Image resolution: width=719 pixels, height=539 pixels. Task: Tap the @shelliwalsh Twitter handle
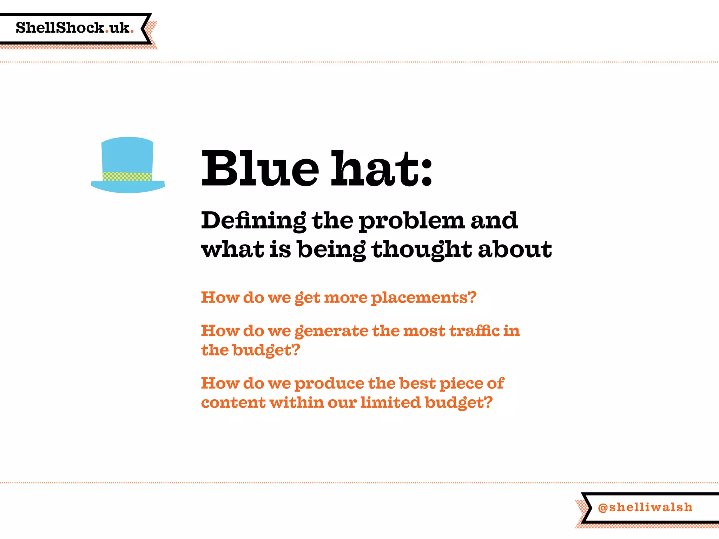pyautogui.click(x=645, y=507)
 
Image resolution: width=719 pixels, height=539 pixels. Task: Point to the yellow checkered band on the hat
pyautogui.click(x=127, y=176)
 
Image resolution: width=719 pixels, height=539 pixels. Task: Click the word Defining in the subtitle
pyautogui.click(x=253, y=221)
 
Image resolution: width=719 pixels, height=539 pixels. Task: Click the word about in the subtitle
pyautogui.click(x=515, y=249)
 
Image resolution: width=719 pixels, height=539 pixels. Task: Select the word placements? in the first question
pyautogui.click(x=424, y=298)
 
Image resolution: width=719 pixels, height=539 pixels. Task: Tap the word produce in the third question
pyautogui.click(x=329, y=384)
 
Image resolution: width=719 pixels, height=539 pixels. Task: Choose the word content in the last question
pyautogui.click(x=233, y=402)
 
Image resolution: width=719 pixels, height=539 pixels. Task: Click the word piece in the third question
pyautogui.click(x=461, y=384)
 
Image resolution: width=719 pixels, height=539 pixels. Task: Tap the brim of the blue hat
pyautogui.click(x=128, y=187)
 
